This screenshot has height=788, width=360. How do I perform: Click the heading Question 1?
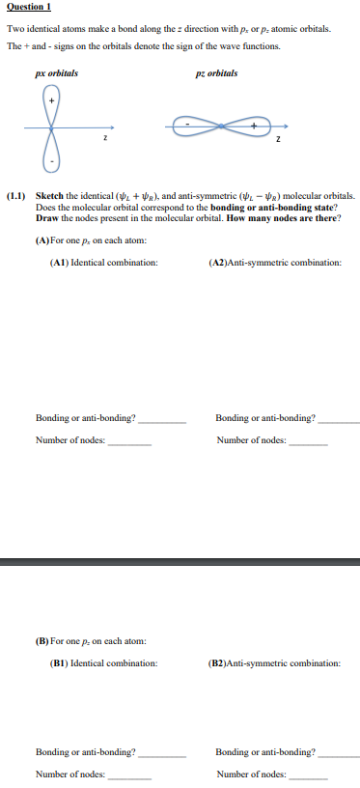pos(29,8)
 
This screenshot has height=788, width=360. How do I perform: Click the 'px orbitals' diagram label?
pos(56,73)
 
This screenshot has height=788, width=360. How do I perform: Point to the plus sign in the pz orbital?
pos(255,125)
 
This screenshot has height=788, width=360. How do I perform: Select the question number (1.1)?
pos(18,194)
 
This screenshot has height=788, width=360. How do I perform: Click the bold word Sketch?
pos(48,194)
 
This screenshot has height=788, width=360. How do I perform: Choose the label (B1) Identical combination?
pos(103,662)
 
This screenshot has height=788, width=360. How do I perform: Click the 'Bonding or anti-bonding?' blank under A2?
pos(338,421)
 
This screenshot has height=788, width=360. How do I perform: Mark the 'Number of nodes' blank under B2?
pos(309,775)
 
